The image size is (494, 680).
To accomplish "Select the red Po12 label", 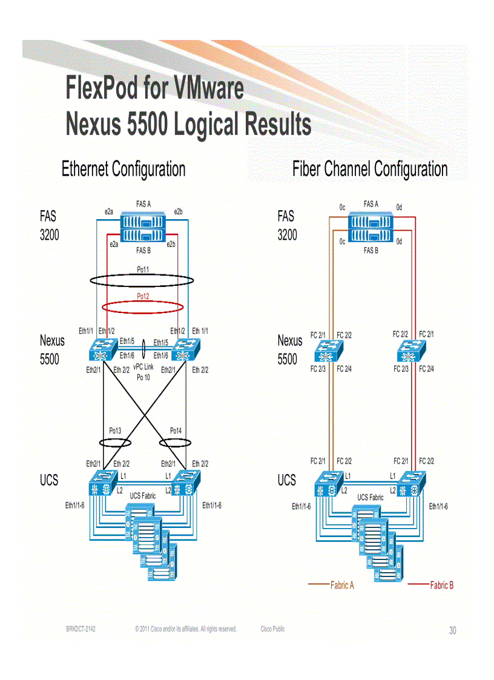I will click(x=143, y=296).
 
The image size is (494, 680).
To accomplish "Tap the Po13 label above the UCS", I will click(x=115, y=431).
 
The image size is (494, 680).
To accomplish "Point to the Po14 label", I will click(x=176, y=431).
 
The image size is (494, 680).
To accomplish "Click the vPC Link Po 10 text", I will click(x=143, y=372).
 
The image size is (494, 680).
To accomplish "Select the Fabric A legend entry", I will click(x=342, y=585).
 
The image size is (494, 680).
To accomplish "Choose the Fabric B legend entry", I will click(x=441, y=585).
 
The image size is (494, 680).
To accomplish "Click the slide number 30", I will click(x=452, y=631).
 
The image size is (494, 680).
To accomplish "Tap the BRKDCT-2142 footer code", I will click(x=81, y=629).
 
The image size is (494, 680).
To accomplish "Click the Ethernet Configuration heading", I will click(x=123, y=169).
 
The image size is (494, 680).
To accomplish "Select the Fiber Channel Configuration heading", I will click(x=370, y=169).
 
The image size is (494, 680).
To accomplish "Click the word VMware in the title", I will click(x=208, y=88).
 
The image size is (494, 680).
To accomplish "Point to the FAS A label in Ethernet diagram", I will click(x=143, y=203).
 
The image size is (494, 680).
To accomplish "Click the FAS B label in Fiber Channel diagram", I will click(x=370, y=251).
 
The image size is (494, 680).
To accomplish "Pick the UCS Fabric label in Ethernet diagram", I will click(x=143, y=496).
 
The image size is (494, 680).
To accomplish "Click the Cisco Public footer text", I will click(x=272, y=629).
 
